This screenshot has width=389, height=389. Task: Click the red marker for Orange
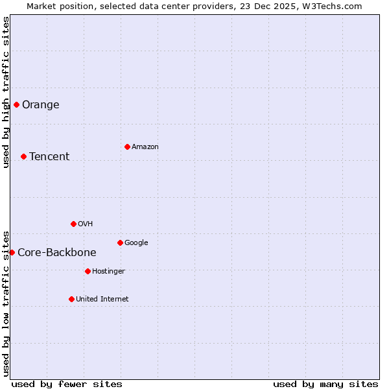pyautogui.click(x=16, y=104)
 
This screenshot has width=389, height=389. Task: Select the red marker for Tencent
pyautogui.click(x=23, y=156)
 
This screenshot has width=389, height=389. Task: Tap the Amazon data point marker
pyautogui.click(x=127, y=147)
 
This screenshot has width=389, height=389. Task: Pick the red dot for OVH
pyautogui.click(x=73, y=224)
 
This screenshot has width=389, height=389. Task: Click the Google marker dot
pyautogui.click(x=120, y=242)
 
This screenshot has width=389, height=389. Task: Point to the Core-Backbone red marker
pyautogui.click(x=12, y=252)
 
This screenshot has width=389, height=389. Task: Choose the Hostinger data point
pyautogui.click(x=88, y=271)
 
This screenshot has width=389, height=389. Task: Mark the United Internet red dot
pyautogui.click(x=71, y=299)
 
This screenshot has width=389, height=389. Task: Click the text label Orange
pyautogui.click(x=40, y=105)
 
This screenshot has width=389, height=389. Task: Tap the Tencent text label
pyautogui.click(x=49, y=157)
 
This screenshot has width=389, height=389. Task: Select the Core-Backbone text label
pyautogui.click(x=57, y=253)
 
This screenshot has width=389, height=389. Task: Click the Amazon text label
pyautogui.click(x=145, y=147)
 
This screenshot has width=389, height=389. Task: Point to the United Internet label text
pyautogui.click(x=102, y=300)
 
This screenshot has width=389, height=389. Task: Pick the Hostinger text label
pyautogui.click(x=108, y=272)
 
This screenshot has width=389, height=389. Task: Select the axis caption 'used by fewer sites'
pyautogui.click(x=67, y=384)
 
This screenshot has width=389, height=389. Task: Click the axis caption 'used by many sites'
pyautogui.click(x=325, y=384)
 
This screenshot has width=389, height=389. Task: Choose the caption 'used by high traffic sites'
pyautogui.click(x=6, y=92)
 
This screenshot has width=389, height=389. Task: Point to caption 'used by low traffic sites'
pyautogui.click(x=6, y=303)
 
